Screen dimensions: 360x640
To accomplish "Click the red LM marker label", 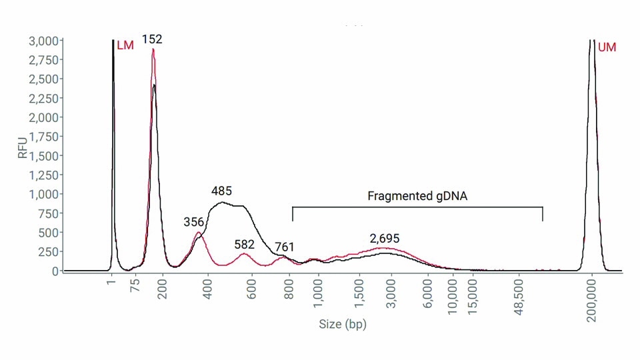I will click(125, 46).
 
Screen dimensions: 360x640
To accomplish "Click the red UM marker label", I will click(607, 47).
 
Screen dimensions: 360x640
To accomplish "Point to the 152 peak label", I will click(152, 39).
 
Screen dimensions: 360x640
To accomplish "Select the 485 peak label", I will click(221, 191).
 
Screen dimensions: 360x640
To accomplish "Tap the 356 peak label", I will click(193, 222).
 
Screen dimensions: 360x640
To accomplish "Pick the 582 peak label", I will click(245, 244).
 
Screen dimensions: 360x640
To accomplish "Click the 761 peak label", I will click(285, 248).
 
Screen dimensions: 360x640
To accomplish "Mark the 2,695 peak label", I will click(385, 238).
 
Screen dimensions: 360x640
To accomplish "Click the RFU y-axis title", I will click(23, 146).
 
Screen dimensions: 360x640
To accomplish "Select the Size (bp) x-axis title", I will click(342, 325).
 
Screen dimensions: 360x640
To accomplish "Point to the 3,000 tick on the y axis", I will click(43, 41).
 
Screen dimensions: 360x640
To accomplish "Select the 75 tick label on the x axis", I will click(135, 287).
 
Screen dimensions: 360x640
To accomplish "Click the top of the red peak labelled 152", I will click(153, 49).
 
